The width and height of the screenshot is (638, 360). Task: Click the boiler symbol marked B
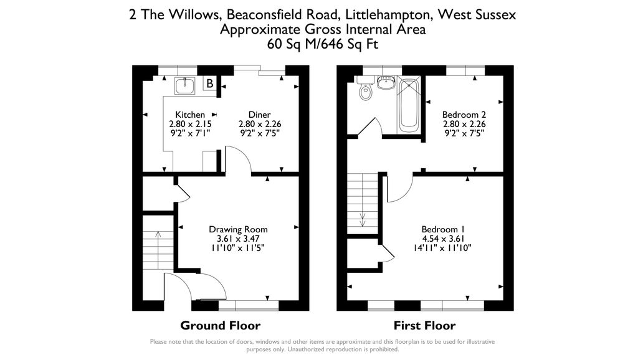tap(210, 83)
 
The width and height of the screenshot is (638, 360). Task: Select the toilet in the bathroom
tap(366, 92)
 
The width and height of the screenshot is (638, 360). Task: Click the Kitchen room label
tap(190, 115)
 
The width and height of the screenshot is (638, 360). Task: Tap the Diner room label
tap(259, 115)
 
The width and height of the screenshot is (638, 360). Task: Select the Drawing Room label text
tap(238, 229)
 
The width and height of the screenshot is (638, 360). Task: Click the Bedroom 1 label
tap(443, 229)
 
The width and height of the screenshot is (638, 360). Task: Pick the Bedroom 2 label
tap(464, 115)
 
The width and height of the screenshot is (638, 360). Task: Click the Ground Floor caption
tap(220, 325)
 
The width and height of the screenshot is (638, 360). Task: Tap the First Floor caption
tap(424, 325)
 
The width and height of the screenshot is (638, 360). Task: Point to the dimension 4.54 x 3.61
tap(443, 238)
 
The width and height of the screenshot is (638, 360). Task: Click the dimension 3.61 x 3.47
tap(238, 239)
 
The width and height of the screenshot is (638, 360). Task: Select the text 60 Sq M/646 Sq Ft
tap(322, 44)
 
